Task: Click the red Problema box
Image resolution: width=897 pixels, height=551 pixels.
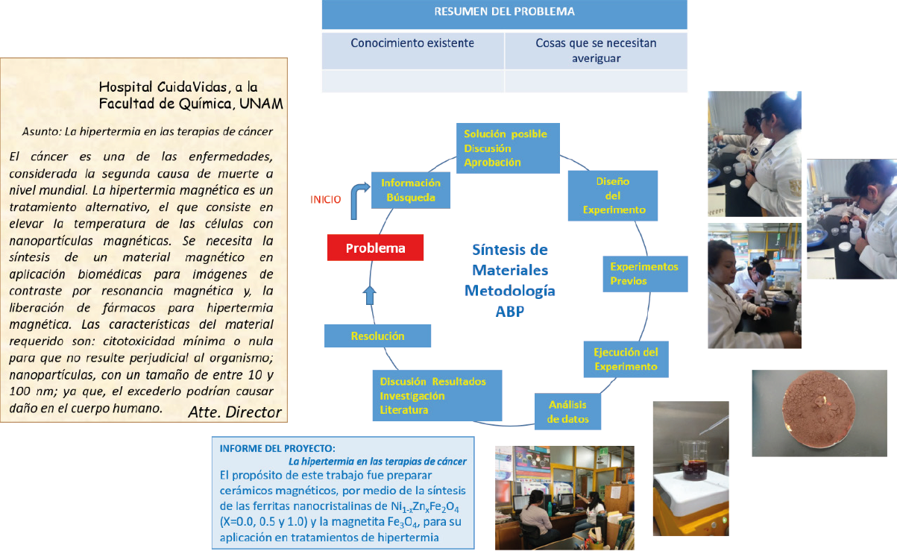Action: (375, 248)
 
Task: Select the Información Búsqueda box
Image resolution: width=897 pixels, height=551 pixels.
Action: (410, 190)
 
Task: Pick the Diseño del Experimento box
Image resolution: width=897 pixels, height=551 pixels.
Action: (613, 195)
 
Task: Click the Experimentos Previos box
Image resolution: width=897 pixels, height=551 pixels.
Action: (644, 274)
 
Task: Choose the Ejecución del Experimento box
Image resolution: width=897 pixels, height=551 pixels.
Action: (626, 359)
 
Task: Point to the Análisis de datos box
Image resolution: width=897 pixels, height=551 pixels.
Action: (568, 412)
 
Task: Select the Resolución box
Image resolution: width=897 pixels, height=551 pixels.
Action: (377, 336)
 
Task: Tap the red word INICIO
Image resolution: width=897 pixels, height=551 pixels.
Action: (326, 199)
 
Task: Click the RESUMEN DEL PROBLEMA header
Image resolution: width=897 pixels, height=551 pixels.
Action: (504, 13)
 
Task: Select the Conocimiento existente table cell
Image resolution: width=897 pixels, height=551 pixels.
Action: (412, 43)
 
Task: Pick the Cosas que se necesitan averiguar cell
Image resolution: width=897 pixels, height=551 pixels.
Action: (596, 50)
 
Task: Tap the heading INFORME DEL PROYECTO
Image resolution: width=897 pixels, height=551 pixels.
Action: (277, 448)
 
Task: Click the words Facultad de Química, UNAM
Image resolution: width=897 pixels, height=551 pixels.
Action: (191, 103)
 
